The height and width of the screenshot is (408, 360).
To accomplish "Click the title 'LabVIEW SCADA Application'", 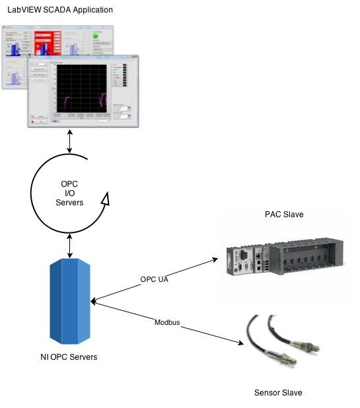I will coord(60,10).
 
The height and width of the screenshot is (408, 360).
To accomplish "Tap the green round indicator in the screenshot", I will coord(96,36).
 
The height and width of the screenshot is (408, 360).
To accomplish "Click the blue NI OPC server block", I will coord(71,301).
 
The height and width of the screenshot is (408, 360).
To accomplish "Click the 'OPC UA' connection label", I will coord(154,279).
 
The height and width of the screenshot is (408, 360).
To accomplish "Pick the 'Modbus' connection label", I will coord(167,323).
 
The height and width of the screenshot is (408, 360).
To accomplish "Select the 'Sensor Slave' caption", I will coord(278,393).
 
